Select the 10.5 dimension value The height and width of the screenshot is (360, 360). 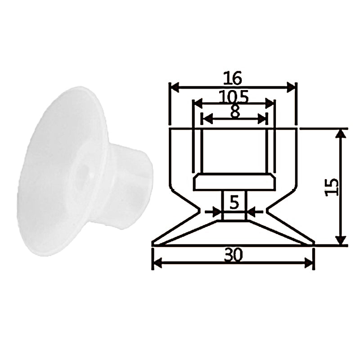234,97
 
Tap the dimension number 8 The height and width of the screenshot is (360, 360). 235,112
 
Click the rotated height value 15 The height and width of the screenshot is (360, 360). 332,187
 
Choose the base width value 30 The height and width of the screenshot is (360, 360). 233,255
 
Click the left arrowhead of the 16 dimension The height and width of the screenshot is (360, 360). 175,88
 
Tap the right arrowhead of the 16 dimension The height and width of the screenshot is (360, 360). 291,88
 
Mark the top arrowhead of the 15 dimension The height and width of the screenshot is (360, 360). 341,134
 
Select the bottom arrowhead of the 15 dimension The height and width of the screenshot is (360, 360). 341,240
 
